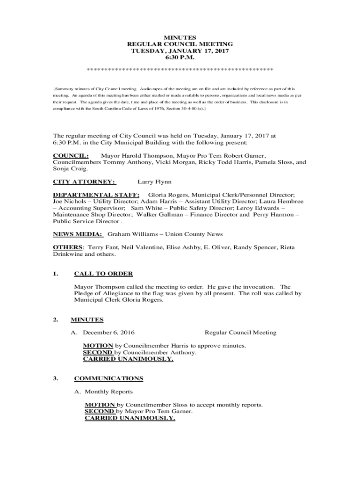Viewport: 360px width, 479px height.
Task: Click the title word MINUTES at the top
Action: [180, 37]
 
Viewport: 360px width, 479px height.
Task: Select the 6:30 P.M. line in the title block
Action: [180, 58]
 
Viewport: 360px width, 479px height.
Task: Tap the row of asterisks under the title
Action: [180, 70]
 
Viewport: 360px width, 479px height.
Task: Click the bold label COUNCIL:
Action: [71, 155]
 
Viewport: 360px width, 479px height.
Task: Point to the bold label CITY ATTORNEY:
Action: [84, 181]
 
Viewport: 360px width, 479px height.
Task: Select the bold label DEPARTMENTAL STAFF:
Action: [96, 195]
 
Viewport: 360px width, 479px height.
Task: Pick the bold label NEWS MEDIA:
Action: [78, 234]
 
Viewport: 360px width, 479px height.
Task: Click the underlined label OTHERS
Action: [67, 247]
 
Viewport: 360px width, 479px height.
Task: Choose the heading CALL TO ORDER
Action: [103, 274]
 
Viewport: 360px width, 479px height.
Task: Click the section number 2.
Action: [55, 320]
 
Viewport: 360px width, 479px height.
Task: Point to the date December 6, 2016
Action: [108, 333]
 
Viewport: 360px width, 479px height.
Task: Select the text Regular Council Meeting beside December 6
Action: [240, 333]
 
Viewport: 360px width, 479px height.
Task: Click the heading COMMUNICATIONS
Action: [108, 378]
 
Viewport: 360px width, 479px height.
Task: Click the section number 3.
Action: [55, 378]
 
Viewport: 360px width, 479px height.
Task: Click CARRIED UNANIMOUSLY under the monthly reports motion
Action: [130, 418]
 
